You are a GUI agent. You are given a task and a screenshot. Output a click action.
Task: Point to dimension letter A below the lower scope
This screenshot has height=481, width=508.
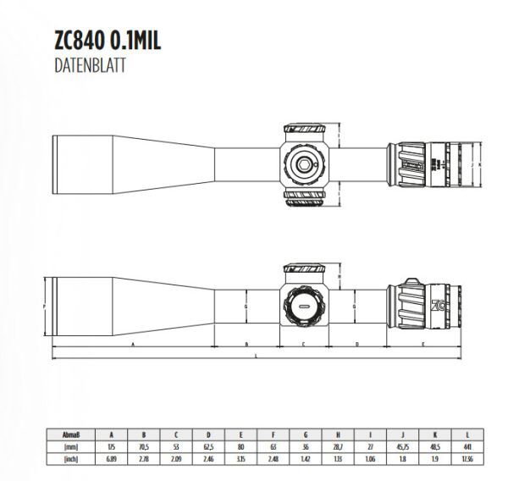[133, 346]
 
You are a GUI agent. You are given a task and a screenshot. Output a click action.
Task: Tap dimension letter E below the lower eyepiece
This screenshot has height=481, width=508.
[422, 346]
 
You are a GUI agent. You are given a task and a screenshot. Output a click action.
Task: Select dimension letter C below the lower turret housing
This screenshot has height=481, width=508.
[302, 346]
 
